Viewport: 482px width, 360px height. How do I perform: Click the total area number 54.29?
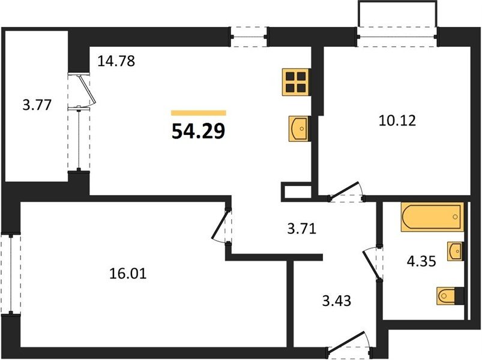(198, 131)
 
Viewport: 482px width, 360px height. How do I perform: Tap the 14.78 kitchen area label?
(116, 61)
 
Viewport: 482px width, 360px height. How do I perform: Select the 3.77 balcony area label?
(37, 105)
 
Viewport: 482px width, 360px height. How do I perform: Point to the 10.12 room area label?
(397, 121)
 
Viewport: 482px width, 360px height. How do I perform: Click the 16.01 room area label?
(128, 274)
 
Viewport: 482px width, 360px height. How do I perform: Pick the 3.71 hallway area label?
(301, 229)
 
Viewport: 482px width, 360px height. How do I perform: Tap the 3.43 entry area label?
(337, 301)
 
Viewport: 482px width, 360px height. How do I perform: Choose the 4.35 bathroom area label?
(421, 262)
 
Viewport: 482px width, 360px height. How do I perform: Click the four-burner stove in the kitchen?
(296, 82)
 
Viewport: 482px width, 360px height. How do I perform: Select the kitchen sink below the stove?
(298, 128)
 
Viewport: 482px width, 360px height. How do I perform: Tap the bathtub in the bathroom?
(432, 217)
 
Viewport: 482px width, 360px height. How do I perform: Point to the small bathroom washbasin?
(455, 251)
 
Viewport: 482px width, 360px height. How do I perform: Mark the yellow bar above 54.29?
(199, 113)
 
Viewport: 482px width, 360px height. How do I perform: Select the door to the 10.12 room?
(346, 192)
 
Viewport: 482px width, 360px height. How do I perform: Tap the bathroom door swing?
(373, 263)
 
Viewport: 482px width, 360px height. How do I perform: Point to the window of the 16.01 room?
(11, 274)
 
